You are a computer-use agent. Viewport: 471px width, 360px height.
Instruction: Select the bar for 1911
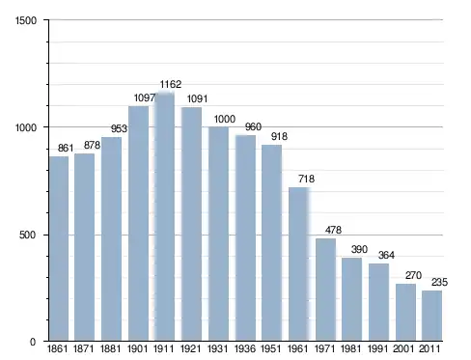(x=164, y=216)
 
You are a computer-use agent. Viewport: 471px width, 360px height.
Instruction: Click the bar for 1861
(x=59, y=248)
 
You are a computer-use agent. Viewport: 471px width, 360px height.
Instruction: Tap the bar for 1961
(x=299, y=263)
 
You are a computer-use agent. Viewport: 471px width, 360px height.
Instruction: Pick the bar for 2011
(x=431, y=316)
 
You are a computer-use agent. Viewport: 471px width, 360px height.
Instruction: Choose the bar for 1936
(x=245, y=237)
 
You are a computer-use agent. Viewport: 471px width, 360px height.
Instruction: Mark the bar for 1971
(x=325, y=290)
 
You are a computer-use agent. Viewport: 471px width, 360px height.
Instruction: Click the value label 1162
(x=171, y=84)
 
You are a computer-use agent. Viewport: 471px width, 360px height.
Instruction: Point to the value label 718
(x=306, y=179)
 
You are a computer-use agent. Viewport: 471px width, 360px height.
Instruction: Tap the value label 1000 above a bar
(x=225, y=119)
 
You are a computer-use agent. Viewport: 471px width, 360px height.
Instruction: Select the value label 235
(x=439, y=282)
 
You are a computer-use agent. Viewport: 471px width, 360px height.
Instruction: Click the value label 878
(x=92, y=146)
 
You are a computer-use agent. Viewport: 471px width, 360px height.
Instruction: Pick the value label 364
(x=386, y=255)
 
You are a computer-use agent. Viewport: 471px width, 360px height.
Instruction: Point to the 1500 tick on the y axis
(x=26, y=20)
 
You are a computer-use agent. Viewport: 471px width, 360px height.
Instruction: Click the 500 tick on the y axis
(x=27, y=235)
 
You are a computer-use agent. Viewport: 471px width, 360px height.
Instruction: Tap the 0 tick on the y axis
(x=33, y=342)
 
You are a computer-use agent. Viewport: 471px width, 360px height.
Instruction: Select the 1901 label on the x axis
(x=137, y=348)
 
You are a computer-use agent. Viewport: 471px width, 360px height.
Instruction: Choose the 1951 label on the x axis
(x=270, y=348)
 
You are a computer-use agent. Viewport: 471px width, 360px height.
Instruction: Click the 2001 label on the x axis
(x=403, y=348)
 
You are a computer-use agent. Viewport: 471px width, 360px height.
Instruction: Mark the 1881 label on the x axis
(x=110, y=348)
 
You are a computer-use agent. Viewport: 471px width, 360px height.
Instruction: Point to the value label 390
(x=359, y=249)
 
